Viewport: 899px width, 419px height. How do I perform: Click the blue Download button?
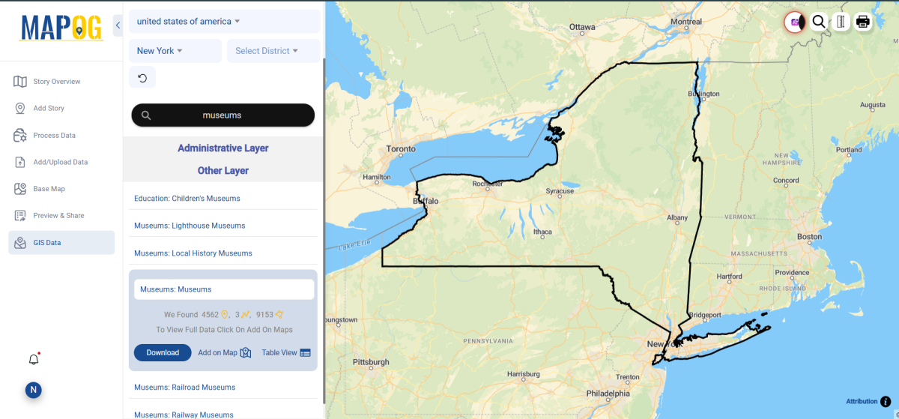(x=163, y=352)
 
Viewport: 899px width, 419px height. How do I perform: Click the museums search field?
(x=223, y=115)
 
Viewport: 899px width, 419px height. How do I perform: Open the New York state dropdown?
(x=175, y=51)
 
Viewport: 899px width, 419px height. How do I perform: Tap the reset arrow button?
(x=142, y=78)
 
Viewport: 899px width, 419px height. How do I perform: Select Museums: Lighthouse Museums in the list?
(x=190, y=226)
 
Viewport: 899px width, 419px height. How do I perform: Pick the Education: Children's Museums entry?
(x=187, y=199)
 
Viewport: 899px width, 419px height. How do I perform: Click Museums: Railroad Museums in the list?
(x=185, y=388)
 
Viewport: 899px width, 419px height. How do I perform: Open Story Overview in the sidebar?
(x=56, y=82)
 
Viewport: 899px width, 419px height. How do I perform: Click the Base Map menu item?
(x=49, y=189)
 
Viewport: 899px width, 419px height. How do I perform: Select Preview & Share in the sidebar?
(x=58, y=216)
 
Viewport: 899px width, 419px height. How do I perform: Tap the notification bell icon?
(x=34, y=360)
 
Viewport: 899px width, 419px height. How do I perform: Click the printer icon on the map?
(x=863, y=22)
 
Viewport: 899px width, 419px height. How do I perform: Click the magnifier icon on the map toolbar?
(x=819, y=22)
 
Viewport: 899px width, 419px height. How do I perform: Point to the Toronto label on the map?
(x=401, y=149)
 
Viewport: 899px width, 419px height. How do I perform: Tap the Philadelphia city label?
(x=608, y=393)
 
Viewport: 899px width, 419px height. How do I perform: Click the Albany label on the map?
(x=677, y=218)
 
